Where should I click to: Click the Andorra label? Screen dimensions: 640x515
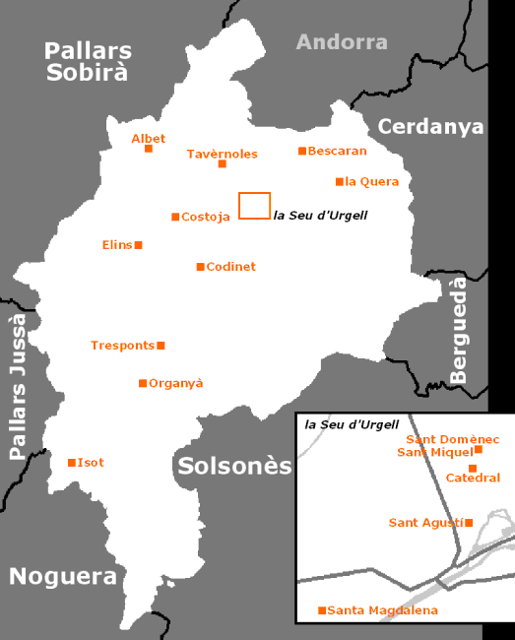click(x=342, y=41)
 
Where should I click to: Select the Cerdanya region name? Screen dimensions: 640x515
click(x=430, y=126)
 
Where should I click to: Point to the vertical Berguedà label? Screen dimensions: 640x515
click(x=459, y=330)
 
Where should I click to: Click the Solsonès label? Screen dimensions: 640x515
click(x=234, y=466)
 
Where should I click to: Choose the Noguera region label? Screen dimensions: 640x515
click(x=63, y=577)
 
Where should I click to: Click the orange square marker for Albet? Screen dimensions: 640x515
click(x=149, y=149)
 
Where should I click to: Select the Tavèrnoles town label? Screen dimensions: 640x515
click(x=222, y=154)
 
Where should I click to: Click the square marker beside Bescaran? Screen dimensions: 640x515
click(x=302, y=151)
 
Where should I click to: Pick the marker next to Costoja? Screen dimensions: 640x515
click(x=175, y=217)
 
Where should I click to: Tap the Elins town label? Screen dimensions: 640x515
click(x=116, y=244)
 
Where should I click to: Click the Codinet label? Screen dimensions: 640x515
click(x=230, y=267)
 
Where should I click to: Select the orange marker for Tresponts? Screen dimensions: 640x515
click(x=161, y=346)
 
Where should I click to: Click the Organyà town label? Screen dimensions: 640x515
click(x=175, y=383)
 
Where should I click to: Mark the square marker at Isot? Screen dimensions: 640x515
click(x=71, y=463)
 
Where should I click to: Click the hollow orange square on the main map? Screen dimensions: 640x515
click(x=254, y=206)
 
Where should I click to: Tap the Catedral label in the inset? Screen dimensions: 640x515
click(x=473, y=479)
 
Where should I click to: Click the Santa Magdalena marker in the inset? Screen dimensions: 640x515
click(x=322, y=611)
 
